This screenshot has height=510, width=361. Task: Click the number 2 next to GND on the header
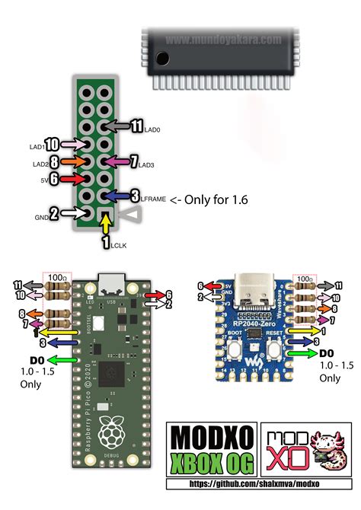(54, 214)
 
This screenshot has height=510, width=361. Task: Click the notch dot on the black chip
(161, 59)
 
